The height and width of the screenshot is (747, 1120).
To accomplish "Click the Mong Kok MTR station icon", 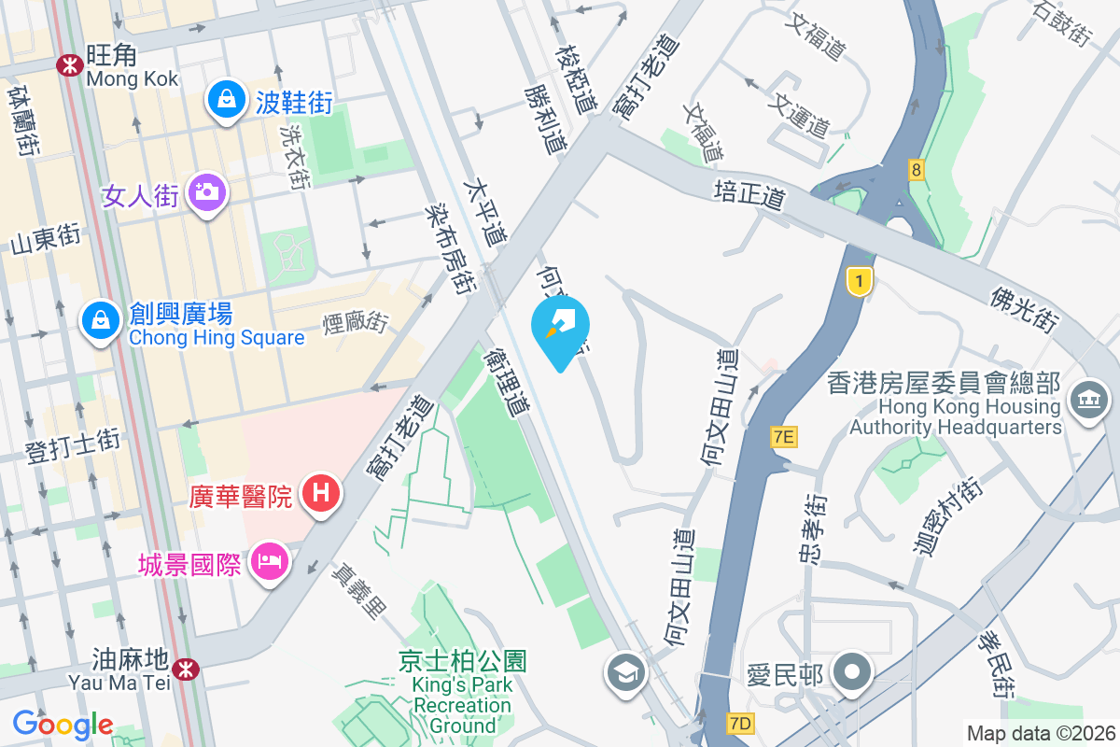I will click(68, 64).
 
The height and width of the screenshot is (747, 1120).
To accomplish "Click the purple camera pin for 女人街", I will click(205, 192).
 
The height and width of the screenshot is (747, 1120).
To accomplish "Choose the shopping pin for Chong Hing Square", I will click(98, 320).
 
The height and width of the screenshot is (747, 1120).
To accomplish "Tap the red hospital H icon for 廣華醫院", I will click(320, 492).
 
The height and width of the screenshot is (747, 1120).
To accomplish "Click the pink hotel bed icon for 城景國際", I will click(270, 562).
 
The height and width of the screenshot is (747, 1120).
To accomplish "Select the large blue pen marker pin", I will click(560, 327).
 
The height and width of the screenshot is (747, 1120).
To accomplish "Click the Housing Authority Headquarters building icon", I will click(1088, 401).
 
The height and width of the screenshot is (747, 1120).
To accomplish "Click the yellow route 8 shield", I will click(917, 169).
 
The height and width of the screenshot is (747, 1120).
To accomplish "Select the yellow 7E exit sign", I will click(784, 436).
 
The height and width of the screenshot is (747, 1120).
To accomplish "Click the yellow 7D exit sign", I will click(740, 724).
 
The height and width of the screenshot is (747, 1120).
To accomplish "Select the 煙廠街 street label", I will click(356, 323).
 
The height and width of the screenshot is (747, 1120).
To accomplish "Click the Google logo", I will click(63, 724).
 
